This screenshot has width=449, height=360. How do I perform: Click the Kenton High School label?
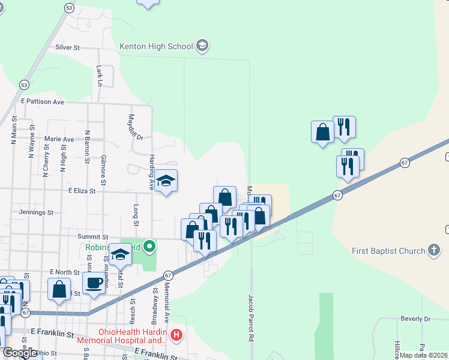pyautogui.click(x=156, y=46)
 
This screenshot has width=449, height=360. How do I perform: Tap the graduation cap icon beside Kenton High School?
pyautogui.click(x=203, y=46)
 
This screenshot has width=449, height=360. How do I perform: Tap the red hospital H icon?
pyautogui.click(x=176, y=335)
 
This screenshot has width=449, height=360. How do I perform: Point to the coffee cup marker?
pyautogui.click(x=94, y=283)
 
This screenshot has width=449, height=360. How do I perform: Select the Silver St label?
pyautogui.click(x=67, y=47)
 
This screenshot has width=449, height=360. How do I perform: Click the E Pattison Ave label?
pyautogui.click(x=42, y=102)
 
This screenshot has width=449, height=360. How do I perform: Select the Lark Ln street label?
pyautogui.click(x=99, y=76)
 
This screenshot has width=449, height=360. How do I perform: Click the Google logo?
pyautogui.click(x=21, y=353)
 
